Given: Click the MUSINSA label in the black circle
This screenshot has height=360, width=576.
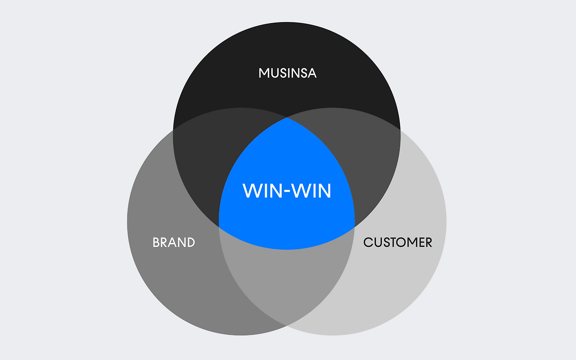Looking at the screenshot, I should tap(288, 73).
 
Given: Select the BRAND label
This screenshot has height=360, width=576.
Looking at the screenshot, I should tap(174, 243).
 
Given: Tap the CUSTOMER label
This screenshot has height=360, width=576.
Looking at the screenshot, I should tap(398, 243).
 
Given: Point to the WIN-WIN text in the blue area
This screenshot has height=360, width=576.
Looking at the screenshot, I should tap(287, 191).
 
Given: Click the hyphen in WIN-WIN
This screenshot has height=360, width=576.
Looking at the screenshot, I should tap(288, 192).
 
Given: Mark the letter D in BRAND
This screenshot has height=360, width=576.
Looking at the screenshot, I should tap(191, 243).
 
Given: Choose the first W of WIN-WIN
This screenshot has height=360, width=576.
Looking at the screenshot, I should tap(252, 191).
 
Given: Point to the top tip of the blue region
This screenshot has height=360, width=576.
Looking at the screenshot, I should tap(287, 117).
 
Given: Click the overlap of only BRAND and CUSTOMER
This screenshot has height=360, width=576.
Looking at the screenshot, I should tap(287, 283).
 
